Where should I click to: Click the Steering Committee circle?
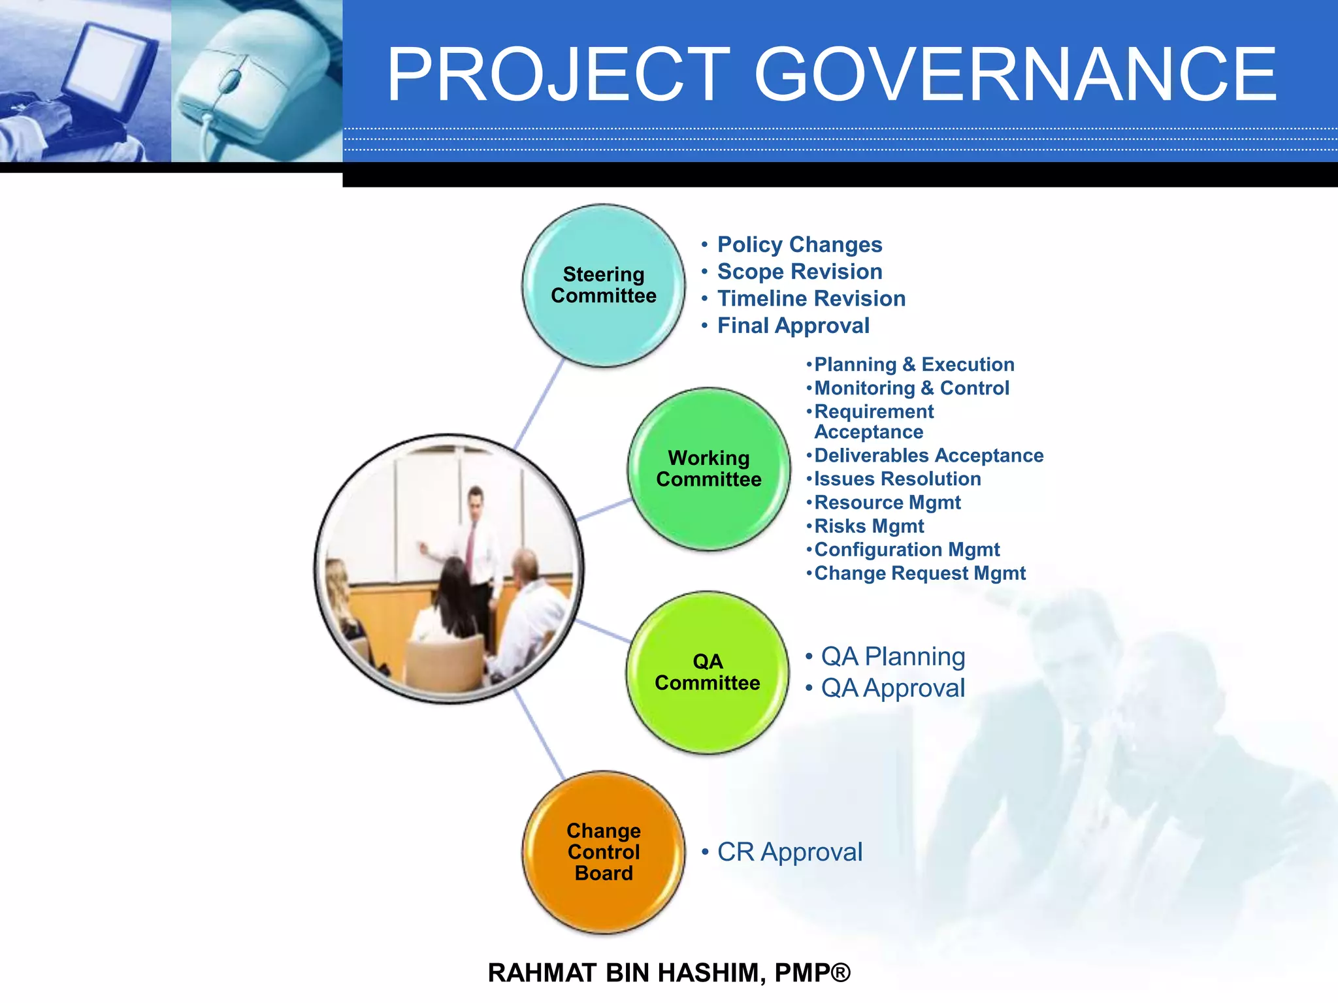pyautogui.click(x=604, y=285)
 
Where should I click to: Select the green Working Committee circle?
pyautogui.click(x=709, y=469)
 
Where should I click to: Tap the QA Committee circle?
pyautogui.click(x=708, y=673)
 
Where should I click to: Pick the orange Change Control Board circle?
pyautogui.click(x=604, y=852)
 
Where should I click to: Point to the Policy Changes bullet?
pyautogui.click(x=799, y=244)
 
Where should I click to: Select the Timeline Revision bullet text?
pyautogui.click(x=811, y=298)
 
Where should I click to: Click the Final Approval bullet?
pyautogui.click(x=792, y=325)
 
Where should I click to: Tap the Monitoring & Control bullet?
pyautogui.click(x=911, y=388)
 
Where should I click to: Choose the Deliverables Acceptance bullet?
pyautogui.click(x=928, y=455)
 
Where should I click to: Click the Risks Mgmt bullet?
pyautogui.click(x=868, y=526)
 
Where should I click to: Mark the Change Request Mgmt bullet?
pyautogui.click(x=919, y=573)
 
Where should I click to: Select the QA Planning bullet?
pyautogui.click(x=892, y=656)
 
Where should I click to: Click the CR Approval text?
pyautogui.click(x=789, y=852)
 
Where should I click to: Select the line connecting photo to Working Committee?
pyautogui.click(x=604, y=509)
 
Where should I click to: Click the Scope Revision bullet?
pyautogui.click(x=799, y=272)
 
